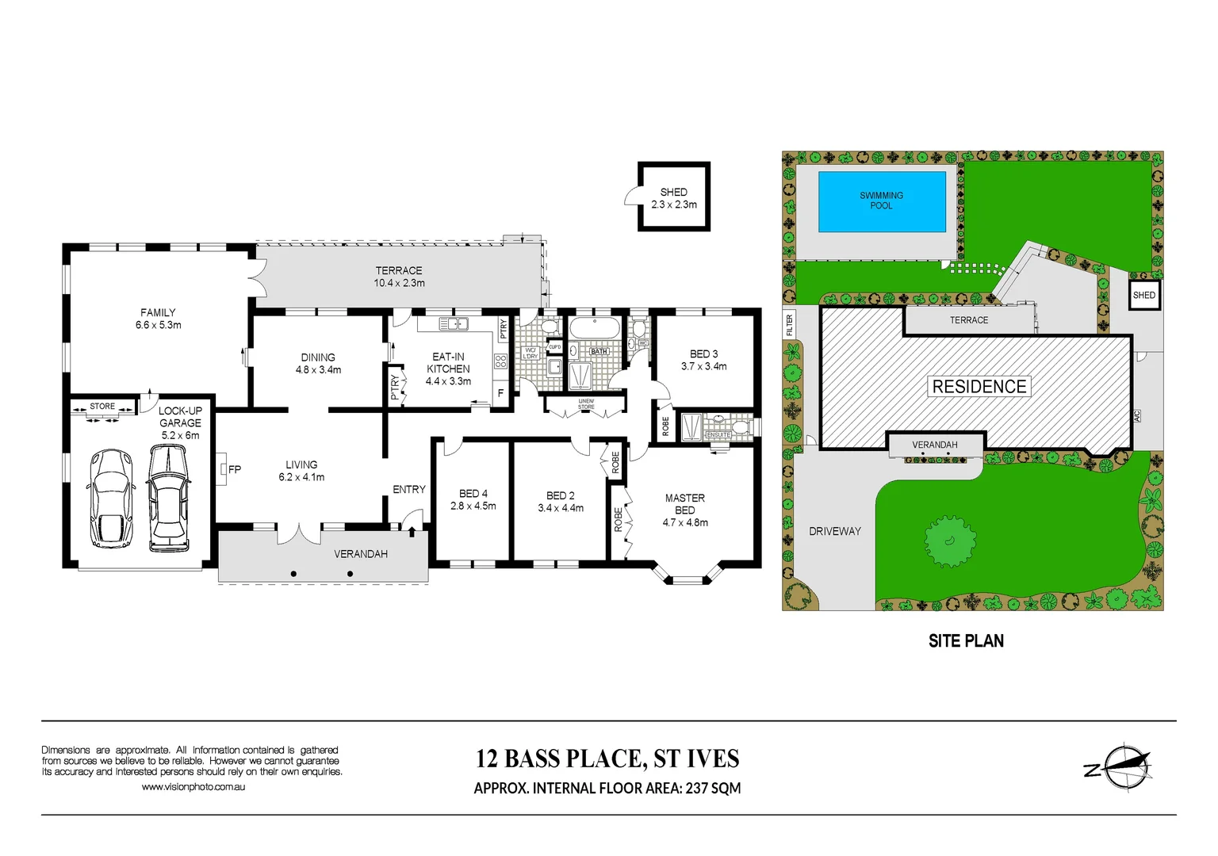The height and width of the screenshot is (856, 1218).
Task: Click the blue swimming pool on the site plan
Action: [x=881, y=201]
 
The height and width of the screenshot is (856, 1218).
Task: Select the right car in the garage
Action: [x=168, y=498]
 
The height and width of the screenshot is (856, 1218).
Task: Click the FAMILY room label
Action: [x=158, y=313]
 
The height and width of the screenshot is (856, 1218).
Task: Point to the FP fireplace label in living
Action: [x=234, y=469]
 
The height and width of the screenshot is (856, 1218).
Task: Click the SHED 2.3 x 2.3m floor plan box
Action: [x=673, y=197]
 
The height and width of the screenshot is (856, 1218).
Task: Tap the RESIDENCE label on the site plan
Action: [x=979, y=387]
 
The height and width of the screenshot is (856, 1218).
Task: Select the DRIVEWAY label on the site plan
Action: [x=834, y=531]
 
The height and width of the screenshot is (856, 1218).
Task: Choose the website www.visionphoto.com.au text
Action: [x=193, y=787]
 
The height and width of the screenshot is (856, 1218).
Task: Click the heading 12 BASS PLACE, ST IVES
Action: [x=607, y=759]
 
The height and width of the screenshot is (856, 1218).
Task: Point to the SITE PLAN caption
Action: [x=965, y=641]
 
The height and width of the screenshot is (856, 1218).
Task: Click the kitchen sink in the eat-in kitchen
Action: [x=454, y=323]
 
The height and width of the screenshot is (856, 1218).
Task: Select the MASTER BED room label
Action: [x=684, y=504]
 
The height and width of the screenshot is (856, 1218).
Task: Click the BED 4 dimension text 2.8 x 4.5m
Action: [x=473, y=506]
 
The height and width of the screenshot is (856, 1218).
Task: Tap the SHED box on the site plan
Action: [x=1143, y=295]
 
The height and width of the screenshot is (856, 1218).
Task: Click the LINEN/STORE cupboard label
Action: [x=585, y=404]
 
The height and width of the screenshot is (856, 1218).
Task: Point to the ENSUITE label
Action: [x=718, y=435]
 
